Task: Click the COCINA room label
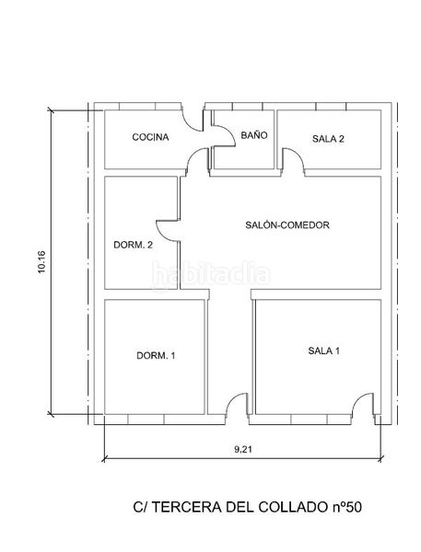click(x=150, y=138)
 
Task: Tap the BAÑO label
click(x=253, y=135)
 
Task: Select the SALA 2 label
click(x=328, y=139)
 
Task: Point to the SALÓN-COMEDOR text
click(x=287, y=224)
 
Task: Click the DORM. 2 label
click(x=133, y=245)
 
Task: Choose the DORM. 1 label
click(x=155, y=356)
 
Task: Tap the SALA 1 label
click(x=324, y=351)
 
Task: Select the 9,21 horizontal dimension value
click(x=242, y=449)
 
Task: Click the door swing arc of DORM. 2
click(x=167, y=234)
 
